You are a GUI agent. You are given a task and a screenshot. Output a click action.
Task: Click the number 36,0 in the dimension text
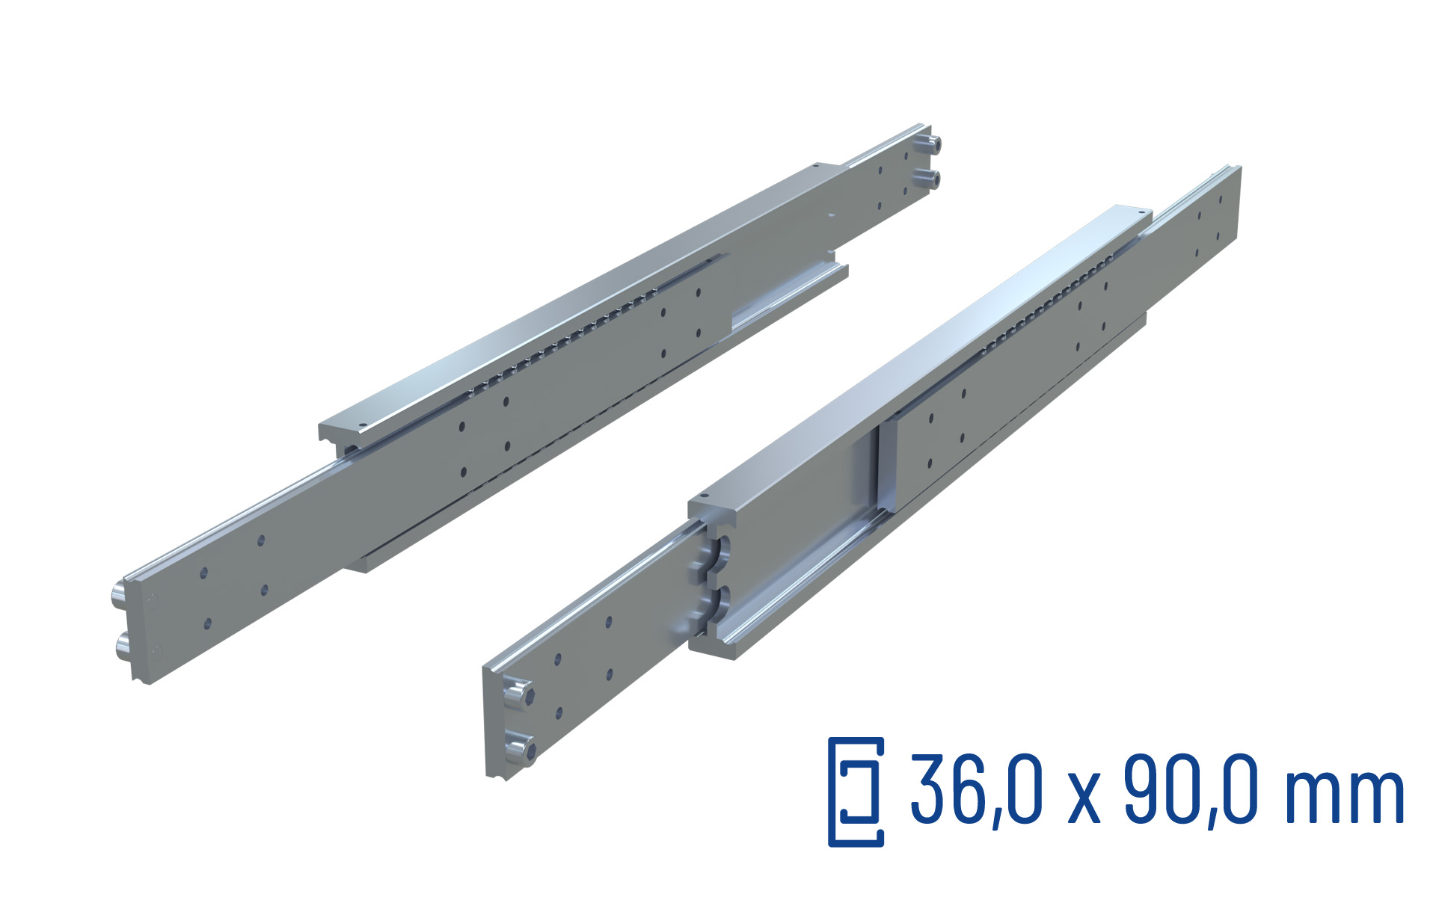976,790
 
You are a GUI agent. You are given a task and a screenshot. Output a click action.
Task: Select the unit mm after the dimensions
1344,798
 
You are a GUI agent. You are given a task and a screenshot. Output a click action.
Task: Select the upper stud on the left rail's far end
930,144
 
